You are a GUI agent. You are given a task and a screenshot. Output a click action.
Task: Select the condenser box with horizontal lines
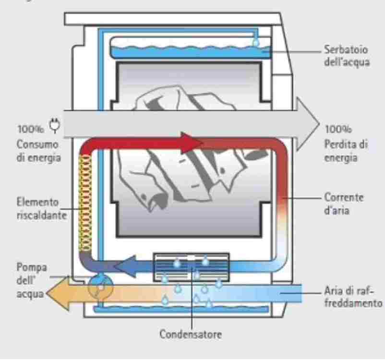point(191,267)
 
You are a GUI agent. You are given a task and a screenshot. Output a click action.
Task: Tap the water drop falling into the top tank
point(256,43)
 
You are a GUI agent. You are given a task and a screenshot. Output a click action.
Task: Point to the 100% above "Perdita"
point(338,129)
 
